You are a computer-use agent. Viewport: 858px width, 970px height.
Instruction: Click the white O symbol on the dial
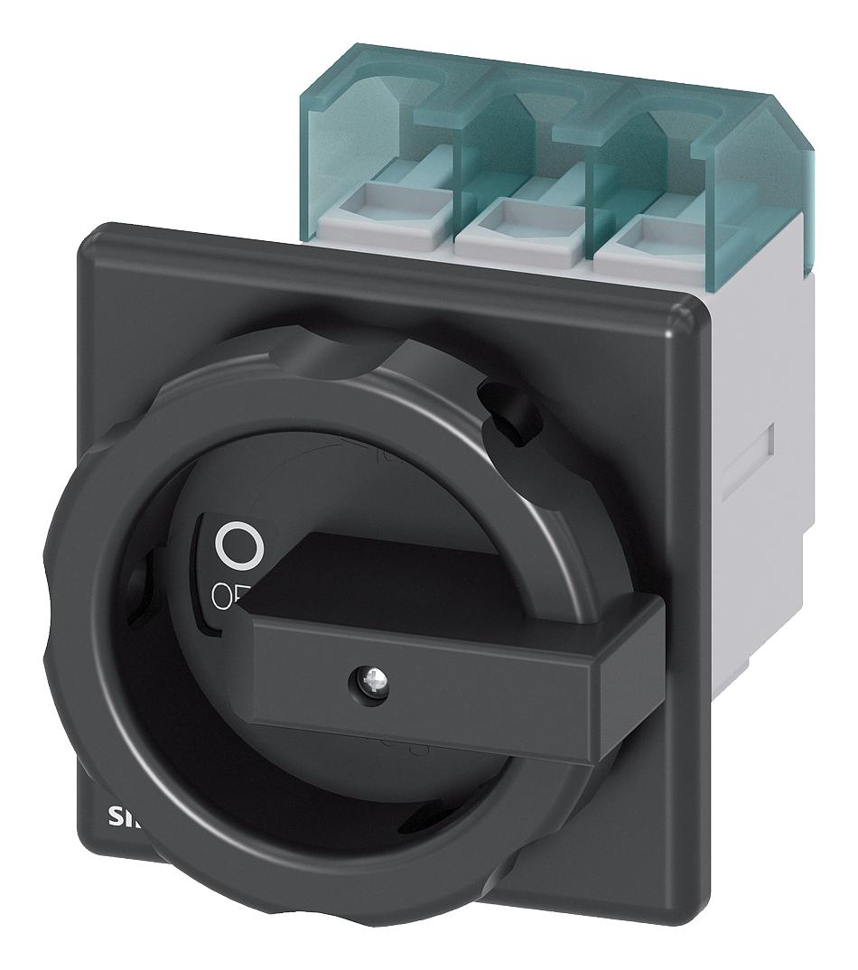[x=238, y=544]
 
